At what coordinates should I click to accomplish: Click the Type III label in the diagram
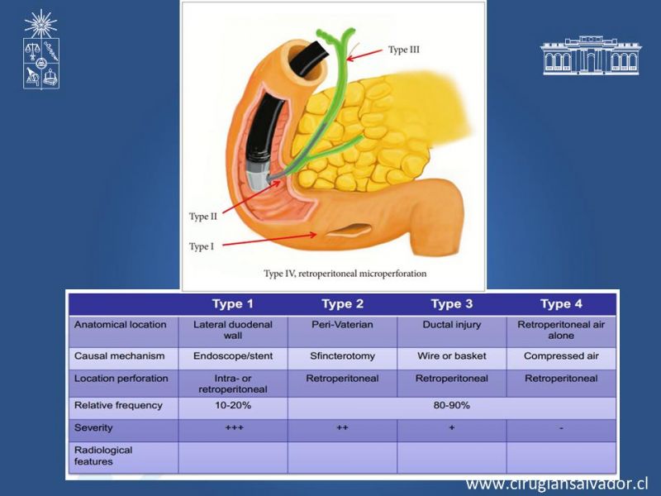[404, 50]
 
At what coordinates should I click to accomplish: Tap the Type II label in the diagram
[202, 217]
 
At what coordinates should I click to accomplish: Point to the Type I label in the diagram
[202, 246]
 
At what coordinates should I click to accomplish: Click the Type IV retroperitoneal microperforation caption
[345, 274]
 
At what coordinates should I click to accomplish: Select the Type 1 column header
[233, 303]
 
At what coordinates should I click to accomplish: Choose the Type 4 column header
[561, 303]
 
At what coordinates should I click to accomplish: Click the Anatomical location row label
[120, 324]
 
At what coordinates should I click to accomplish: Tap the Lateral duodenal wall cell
[233, 330]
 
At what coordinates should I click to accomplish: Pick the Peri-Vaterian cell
[342, 324]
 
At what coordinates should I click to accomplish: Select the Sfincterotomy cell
[342, 356]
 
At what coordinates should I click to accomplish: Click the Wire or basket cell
[451, 355]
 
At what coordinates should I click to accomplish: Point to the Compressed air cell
[561, 356]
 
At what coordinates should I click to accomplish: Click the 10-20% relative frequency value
[233, 405]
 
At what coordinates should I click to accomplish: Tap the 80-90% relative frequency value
[451, 405]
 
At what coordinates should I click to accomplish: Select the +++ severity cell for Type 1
[235, 427]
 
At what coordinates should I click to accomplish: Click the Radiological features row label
[103, 455]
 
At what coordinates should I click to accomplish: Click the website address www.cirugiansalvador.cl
[557, 484]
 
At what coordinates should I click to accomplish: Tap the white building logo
[591, 55]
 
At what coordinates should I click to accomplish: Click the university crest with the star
[40, 49]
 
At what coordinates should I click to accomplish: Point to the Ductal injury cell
[451, 325]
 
